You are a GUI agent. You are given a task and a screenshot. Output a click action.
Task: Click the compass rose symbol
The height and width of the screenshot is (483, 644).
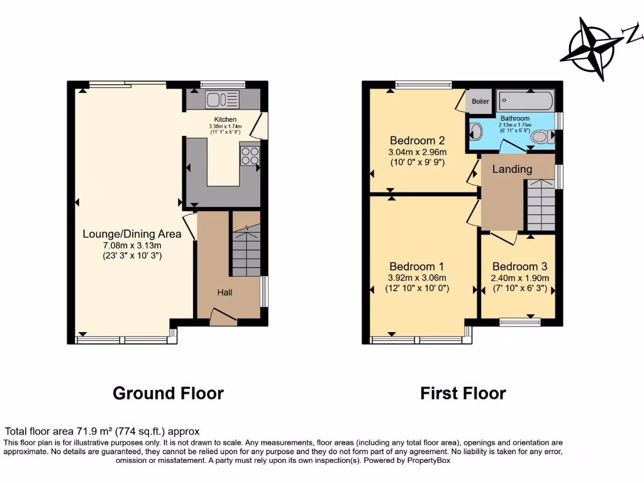click(x=592, y=48)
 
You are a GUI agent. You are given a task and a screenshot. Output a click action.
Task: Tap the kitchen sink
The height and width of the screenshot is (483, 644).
click(x=221, y=99)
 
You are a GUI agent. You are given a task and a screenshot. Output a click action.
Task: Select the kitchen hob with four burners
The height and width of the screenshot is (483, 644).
click(x=249, y=155)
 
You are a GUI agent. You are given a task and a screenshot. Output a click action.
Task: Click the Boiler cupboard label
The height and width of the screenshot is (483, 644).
click(x=480, y=101)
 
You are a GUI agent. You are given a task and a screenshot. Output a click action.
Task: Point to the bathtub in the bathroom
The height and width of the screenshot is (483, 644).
click(x=525, y=100)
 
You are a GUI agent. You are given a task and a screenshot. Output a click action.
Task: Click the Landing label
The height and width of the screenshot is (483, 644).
click(x=512, y=169)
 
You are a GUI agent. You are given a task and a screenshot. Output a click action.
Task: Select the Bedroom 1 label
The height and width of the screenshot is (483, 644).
click(x=413, y=266)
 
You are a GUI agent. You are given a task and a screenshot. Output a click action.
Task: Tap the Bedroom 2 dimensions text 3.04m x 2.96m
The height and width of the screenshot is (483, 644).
click(x=418, y=152)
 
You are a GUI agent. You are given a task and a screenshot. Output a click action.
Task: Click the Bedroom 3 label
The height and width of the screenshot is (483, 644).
click(x=516, y=266)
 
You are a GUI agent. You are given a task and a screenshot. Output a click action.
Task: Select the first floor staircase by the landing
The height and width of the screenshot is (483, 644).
click(x=540, y=204)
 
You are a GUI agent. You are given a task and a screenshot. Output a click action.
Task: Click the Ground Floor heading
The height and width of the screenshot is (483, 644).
click(x=168, y=394)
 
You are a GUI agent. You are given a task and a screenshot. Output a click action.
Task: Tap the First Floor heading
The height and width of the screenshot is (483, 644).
click(x=463, y=394)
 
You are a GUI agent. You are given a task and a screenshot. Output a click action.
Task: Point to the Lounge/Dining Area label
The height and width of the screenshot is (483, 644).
click(x=132, y=234)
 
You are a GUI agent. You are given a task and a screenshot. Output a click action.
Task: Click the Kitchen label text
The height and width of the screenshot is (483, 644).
click(x=225, y=119)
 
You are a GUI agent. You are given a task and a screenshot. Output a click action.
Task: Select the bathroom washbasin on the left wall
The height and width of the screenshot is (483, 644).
click(x=475, y=132)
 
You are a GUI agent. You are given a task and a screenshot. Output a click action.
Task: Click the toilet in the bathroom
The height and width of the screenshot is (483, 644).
click(x=541, y=136)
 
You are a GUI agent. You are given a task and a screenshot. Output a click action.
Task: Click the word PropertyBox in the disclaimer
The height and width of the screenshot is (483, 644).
click(x=428, y=460)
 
